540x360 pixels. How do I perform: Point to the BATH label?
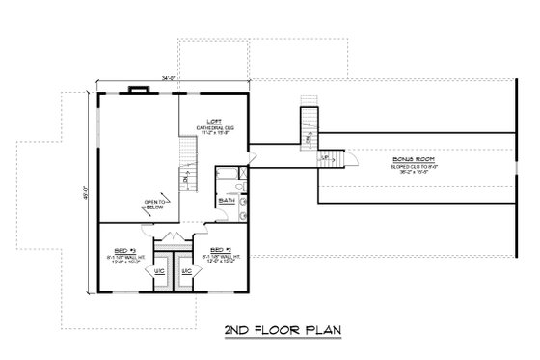click(x=227, y=201)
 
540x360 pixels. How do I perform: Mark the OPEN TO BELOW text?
click(x=157, y=205)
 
